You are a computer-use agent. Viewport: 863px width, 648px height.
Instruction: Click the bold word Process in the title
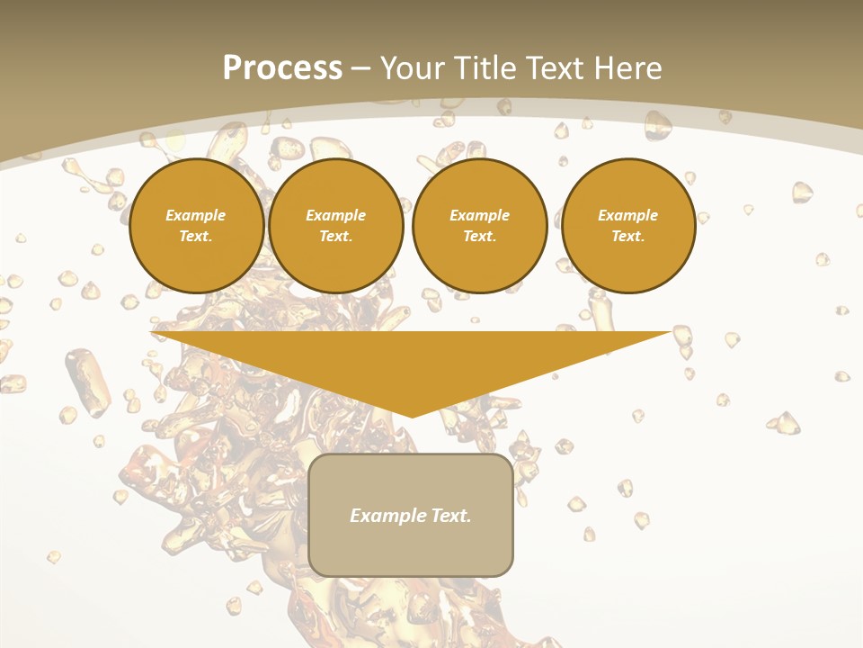click(x=282, y=67)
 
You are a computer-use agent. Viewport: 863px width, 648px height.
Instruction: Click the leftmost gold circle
click(x=196, y=225)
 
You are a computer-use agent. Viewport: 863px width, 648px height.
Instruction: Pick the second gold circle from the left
click(x=335, y=225)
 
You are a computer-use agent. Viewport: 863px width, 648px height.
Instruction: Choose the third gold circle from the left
click(x=479, y=225)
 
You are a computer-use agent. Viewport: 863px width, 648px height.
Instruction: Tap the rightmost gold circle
click(x=627, y=225)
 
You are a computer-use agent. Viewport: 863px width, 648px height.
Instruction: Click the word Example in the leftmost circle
click(x=196, y=215)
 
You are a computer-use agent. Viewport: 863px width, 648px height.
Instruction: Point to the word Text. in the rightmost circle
click(x=627, y=236)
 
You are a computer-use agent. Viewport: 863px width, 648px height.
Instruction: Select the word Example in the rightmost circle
click(x=627, y=215)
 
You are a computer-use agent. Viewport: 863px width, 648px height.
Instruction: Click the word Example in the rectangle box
click(x=387, y=516)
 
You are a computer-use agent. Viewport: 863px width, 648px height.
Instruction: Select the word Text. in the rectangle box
click(x=450, y=516)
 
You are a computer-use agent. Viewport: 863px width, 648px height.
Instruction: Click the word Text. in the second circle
click(x=335, y=236)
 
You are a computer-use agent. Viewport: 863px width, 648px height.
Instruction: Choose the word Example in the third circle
click(x=479, y=215)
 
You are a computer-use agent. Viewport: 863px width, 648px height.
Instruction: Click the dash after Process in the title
click(x=360, y=68)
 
